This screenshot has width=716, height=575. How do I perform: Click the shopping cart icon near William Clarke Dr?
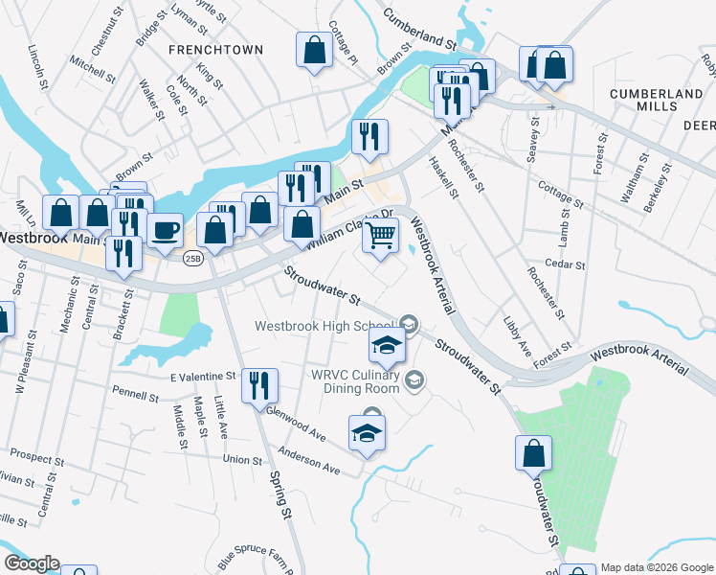point(381,234)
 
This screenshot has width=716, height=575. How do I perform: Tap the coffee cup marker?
point(165,231)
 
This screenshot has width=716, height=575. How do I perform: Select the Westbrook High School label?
point(324,326)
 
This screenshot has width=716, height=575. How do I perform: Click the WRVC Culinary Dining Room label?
point(353,380)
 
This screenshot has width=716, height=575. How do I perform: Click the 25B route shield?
point(193,259)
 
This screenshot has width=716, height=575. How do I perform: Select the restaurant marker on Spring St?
point(260,386)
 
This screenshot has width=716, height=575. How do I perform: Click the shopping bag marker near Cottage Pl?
point(314,50)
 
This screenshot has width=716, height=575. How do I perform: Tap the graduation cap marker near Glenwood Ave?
point(368,434)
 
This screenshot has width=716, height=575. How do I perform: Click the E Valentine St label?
point(203,377)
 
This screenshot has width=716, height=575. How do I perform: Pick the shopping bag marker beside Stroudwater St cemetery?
point(534,453)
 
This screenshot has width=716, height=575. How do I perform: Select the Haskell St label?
point(443,177)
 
